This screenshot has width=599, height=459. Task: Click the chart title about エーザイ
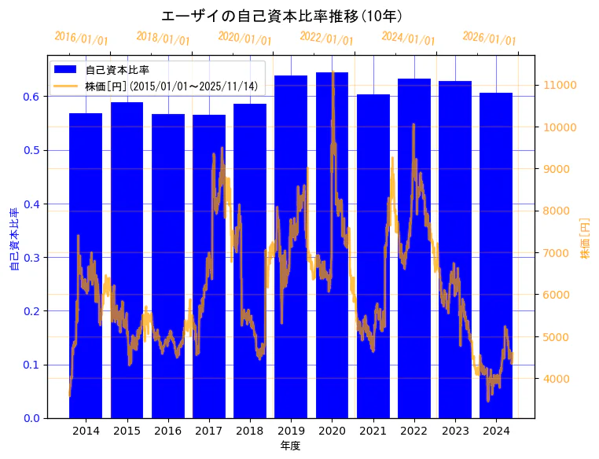(282, 16)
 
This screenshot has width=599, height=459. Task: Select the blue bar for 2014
(86, 267)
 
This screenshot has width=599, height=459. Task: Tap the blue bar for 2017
(209, 267)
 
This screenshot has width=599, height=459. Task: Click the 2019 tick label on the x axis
(291, 431)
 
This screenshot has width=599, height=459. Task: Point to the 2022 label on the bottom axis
(414, 431)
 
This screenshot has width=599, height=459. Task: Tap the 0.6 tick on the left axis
(31, 97)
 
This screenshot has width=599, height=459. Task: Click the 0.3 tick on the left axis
(31, 258)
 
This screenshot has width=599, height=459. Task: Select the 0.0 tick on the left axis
(31, 418)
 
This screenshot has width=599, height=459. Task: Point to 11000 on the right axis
(561, 85)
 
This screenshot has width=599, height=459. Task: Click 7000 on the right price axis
(558, 253)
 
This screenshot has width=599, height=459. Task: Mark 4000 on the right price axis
(558, 379)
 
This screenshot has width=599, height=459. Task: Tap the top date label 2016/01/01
(81, 39)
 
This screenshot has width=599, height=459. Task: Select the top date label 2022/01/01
(326, 39)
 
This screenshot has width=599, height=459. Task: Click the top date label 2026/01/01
(489, 39)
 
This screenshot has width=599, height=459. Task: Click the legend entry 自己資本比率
(117, 70)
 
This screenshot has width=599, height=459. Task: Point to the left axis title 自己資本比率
(14, 240)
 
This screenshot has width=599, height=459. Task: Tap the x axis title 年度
(291, 446)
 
